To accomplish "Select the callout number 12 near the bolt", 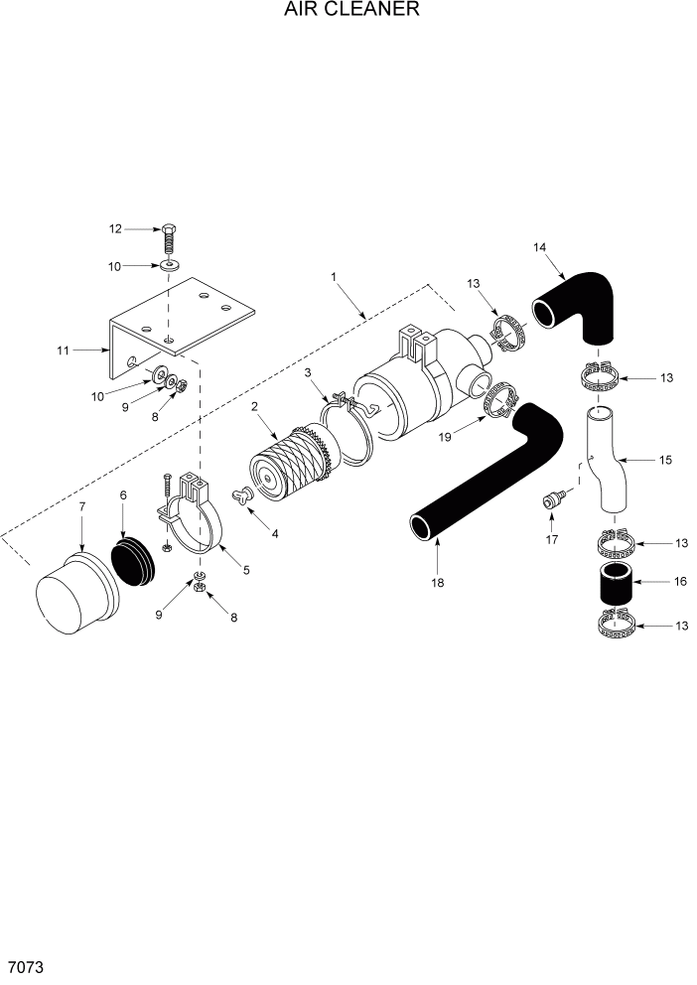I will (x=115, y=228).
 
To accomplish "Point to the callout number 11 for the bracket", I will (x=65, y=350).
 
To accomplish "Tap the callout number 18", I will (x=436, y=584).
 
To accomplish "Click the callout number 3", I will (x=308, y=371).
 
